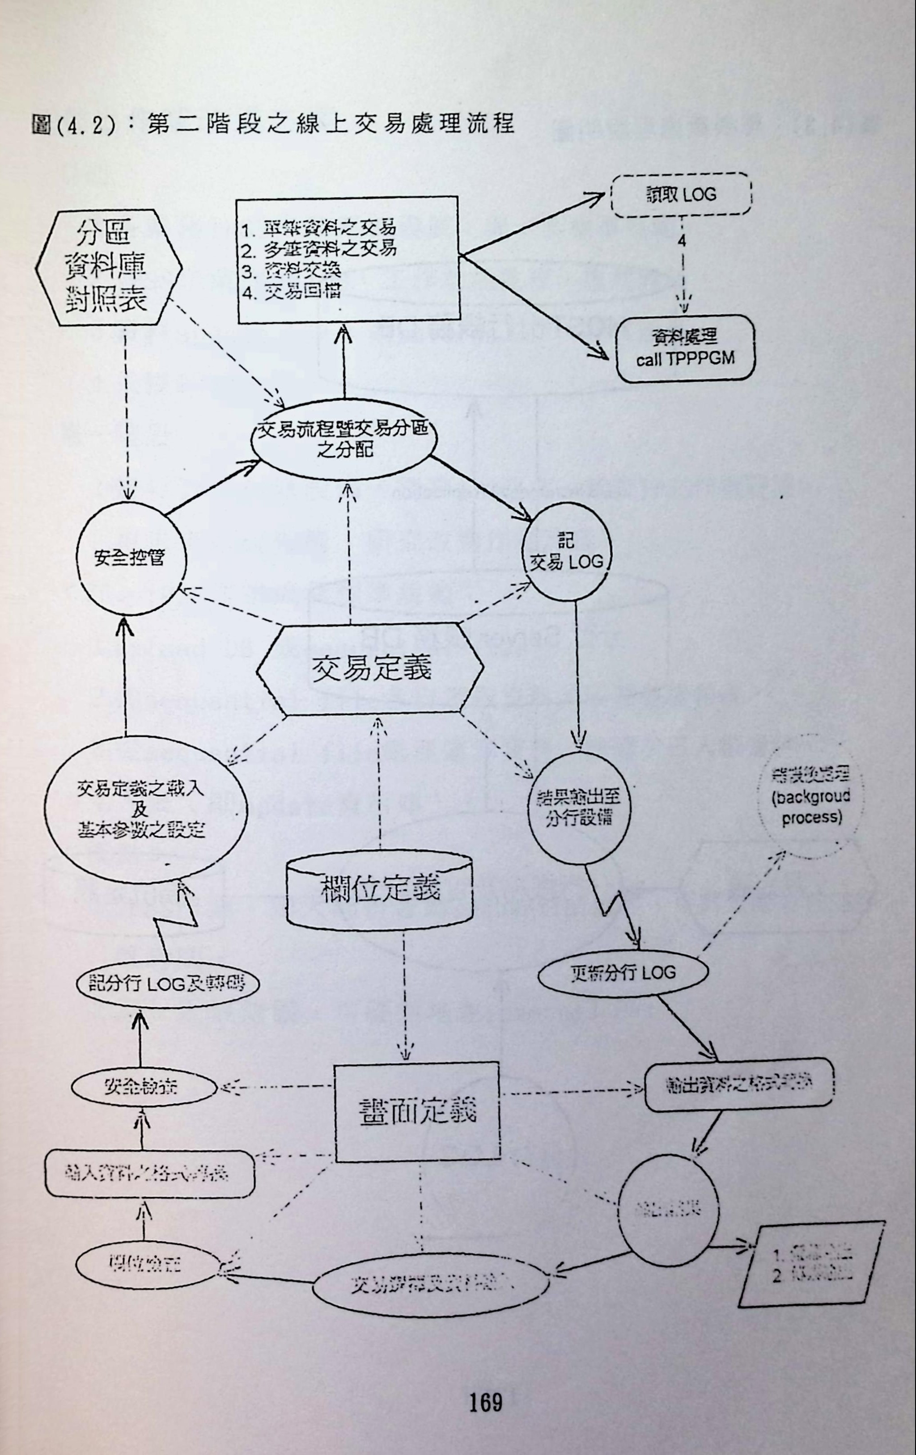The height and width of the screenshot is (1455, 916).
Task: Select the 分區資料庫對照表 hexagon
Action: pos(108,268)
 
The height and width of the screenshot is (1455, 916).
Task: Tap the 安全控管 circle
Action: pos(129,558)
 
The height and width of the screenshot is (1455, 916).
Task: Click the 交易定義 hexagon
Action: pos(370,669)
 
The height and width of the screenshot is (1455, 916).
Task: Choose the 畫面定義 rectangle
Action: pos(417,1110)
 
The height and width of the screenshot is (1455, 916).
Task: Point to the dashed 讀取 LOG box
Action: pos(681,194)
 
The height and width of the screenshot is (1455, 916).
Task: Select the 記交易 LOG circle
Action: pos(567,552)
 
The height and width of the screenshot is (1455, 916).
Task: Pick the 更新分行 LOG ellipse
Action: pos(623,973)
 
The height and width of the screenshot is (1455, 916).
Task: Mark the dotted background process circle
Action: pos(810,797)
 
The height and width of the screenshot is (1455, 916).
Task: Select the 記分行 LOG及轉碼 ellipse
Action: pos(168,984)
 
